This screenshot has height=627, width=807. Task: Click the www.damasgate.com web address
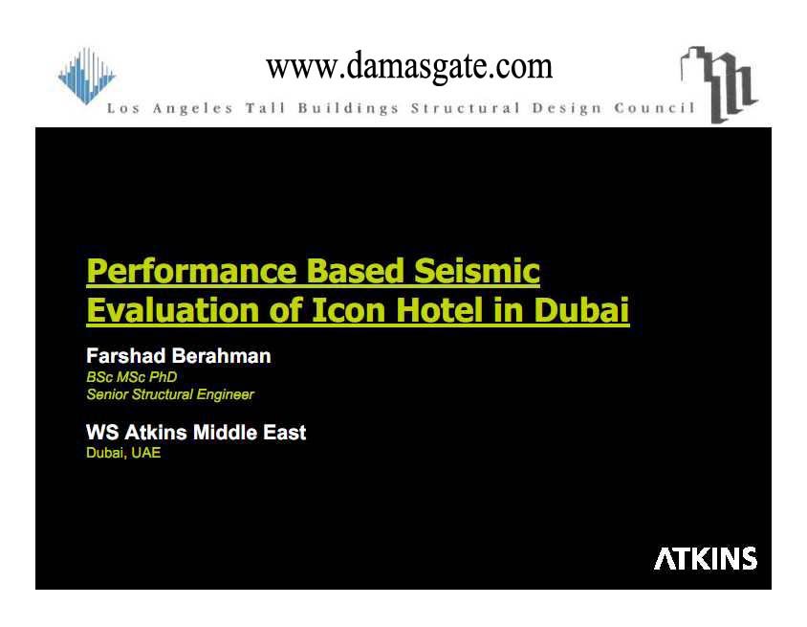409,66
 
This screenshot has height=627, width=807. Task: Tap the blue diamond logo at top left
86,76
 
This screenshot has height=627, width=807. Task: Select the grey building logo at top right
719,84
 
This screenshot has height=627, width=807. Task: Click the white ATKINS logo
705,558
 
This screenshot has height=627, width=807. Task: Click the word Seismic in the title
477,271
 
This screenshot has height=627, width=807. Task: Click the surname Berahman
221,356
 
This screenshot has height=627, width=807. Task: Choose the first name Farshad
125,356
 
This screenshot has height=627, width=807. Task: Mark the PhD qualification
163,377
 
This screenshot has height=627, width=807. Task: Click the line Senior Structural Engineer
170,394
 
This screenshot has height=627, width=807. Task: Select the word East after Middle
285,433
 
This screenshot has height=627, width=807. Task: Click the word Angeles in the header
192,109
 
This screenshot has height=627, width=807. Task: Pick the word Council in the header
654,108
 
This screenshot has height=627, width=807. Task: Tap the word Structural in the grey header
466,108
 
